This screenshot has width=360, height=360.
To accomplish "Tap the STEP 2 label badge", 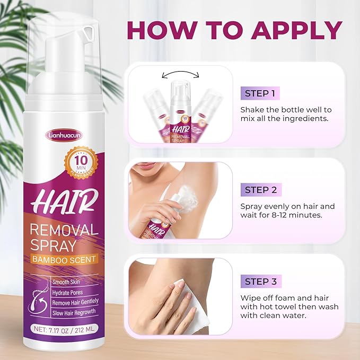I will [x=264, y=189].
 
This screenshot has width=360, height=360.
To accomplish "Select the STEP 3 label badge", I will [x=264, y=281].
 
